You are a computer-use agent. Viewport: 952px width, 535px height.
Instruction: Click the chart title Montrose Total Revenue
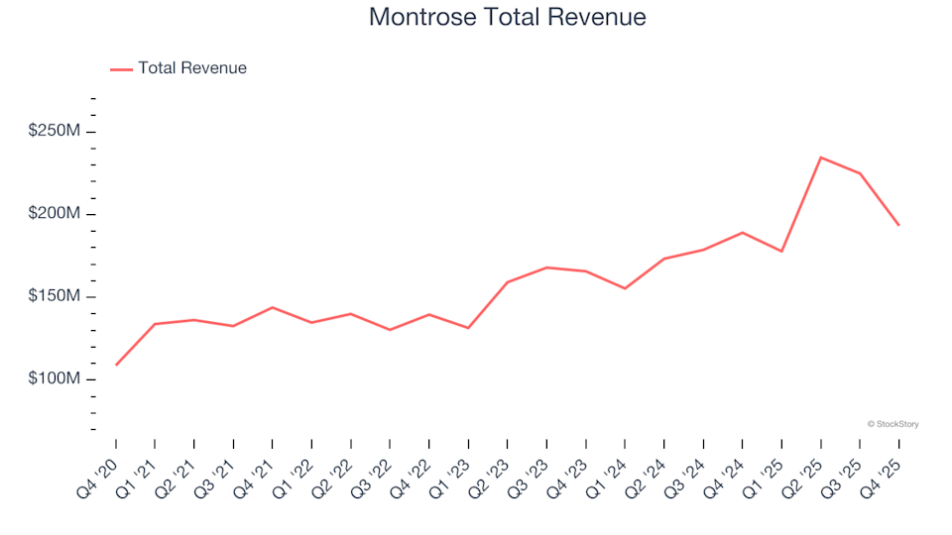pos(507,17)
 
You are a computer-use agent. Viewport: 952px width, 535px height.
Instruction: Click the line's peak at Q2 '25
pos(821,158)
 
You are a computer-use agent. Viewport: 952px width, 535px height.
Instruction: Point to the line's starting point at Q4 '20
pos(116,365)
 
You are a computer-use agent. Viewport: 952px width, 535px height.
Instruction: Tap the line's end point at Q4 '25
pos(899,225)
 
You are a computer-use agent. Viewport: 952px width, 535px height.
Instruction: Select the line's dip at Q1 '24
pos(625,288)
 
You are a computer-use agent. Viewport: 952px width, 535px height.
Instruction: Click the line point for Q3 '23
pos(546,267)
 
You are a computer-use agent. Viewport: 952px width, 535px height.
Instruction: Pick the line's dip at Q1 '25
pos(781,251)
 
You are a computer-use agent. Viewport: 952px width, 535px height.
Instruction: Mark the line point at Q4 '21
pos(273,307)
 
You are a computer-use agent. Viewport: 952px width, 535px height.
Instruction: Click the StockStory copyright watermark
pos(892,424)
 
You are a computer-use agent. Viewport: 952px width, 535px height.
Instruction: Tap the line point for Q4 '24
pos(743,233)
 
